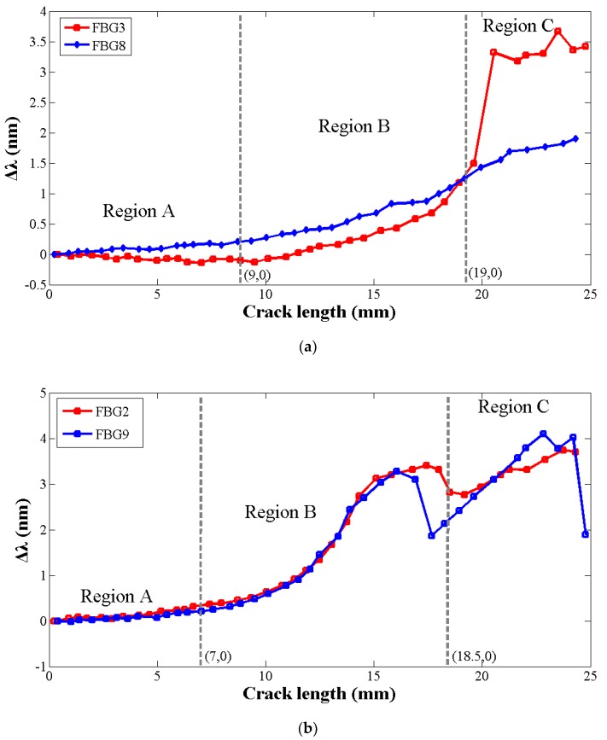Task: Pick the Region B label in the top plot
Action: coord(353,127)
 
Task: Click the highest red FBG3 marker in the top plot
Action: coord(557,32)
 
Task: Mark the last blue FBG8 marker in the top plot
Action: coord(575,138)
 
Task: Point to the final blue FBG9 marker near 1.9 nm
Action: coord(585,534)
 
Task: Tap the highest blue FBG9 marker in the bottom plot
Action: coord(543,434)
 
